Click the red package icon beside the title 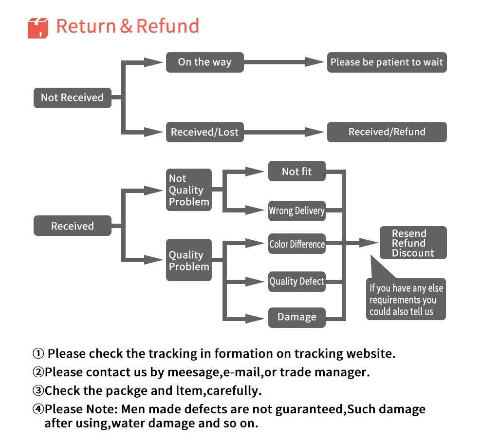(38, 28)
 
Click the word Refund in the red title (167, 26)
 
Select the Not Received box (72, 97)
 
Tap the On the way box (204, 62)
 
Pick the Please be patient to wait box (387, 62)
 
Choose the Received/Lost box (204, 132)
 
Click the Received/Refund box (387, 132)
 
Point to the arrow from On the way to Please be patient (284, 62)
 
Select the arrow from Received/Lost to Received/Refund (284, 132)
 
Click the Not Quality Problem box (189, 190)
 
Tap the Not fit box (297, 172)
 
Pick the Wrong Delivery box (297, 211)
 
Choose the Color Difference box (297, 244)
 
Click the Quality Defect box (297, 281)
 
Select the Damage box (297, 317)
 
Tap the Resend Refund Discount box (413, 243)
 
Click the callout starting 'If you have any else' (406, 300)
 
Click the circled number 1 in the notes (38, 354)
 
